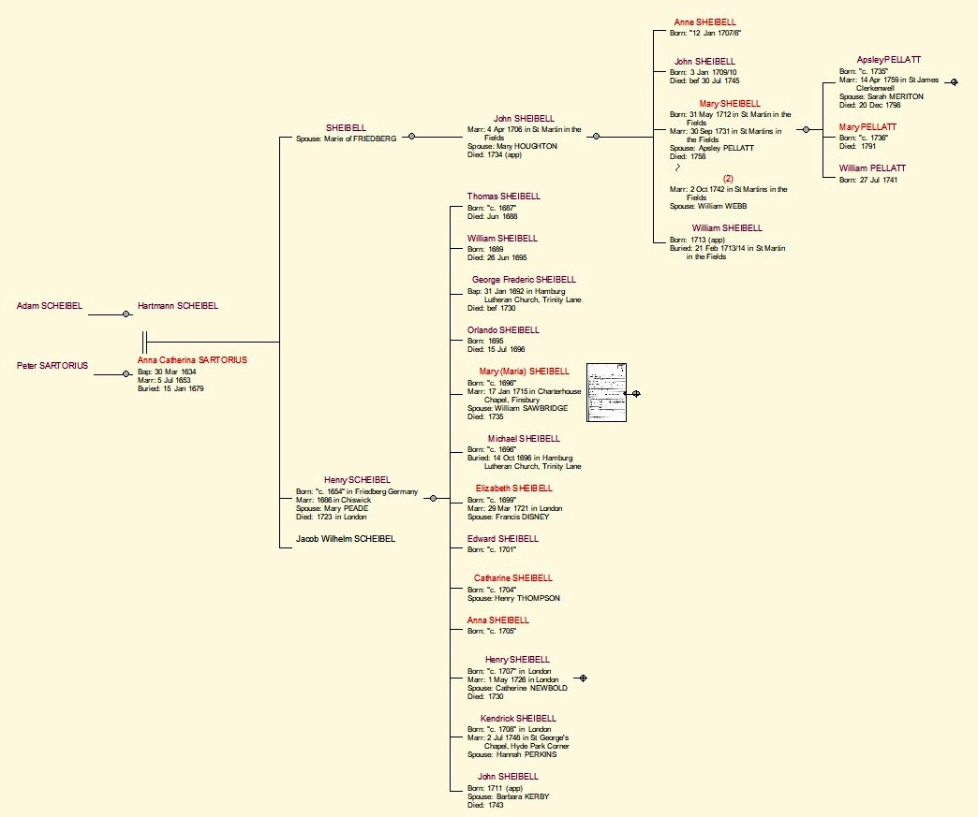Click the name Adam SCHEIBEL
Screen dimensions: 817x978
49,306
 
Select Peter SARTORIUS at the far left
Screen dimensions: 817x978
52,366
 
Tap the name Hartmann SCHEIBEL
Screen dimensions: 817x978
177,306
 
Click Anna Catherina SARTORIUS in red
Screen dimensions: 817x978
192,360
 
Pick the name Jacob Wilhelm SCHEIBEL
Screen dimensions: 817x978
346,539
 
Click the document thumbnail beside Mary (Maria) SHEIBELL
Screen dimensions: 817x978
606,393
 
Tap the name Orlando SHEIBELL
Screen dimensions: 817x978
503,330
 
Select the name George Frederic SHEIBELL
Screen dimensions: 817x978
524,280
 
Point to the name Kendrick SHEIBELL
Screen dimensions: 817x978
518,719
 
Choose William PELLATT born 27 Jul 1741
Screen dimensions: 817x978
872,168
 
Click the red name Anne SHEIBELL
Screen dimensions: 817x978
705,22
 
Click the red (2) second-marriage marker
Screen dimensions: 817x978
728,179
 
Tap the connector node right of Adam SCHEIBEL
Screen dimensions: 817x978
126,314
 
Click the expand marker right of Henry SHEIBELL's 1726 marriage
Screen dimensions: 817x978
583,678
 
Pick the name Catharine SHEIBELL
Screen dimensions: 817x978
513,578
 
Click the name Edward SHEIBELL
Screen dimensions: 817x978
503,539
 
